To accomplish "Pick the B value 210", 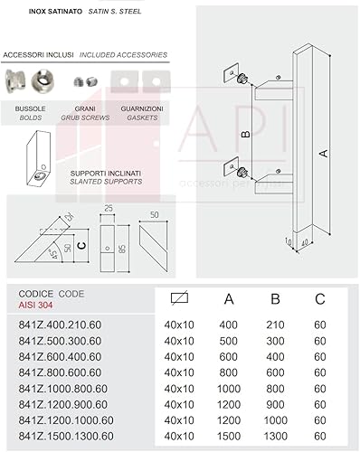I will [x=276, y=325].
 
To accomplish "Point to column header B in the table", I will [x=276, y=298].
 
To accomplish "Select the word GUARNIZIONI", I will [x=143, y=108].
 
